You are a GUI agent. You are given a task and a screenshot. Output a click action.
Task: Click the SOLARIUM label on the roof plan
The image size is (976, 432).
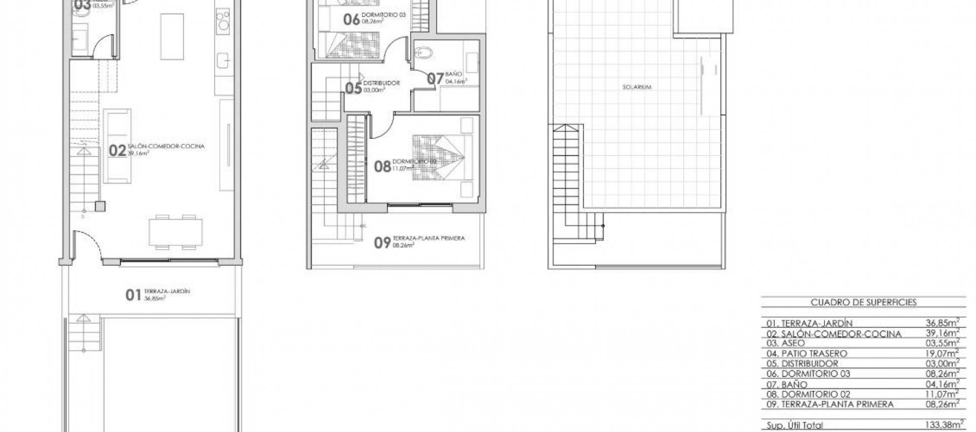[637, 87]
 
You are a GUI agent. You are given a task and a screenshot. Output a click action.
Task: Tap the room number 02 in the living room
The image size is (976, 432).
[117, 150]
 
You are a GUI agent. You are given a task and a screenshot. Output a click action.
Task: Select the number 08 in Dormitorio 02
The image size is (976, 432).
[382, 166]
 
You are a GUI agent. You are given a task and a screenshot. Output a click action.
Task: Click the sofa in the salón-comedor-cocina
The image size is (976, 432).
[117, 146]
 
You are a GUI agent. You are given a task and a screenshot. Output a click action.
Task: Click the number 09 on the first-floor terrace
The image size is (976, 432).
[382, 242]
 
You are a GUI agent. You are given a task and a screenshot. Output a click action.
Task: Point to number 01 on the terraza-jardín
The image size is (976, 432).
[133, 295]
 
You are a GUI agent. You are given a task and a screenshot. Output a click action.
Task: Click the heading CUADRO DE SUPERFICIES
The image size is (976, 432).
[863, 302]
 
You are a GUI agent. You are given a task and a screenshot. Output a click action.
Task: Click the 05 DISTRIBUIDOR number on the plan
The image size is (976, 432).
[353, 88]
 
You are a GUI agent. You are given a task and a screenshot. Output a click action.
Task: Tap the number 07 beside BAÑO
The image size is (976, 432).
[435, 78]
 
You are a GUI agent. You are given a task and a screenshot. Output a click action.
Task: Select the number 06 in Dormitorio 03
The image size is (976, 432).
[351, 20]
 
